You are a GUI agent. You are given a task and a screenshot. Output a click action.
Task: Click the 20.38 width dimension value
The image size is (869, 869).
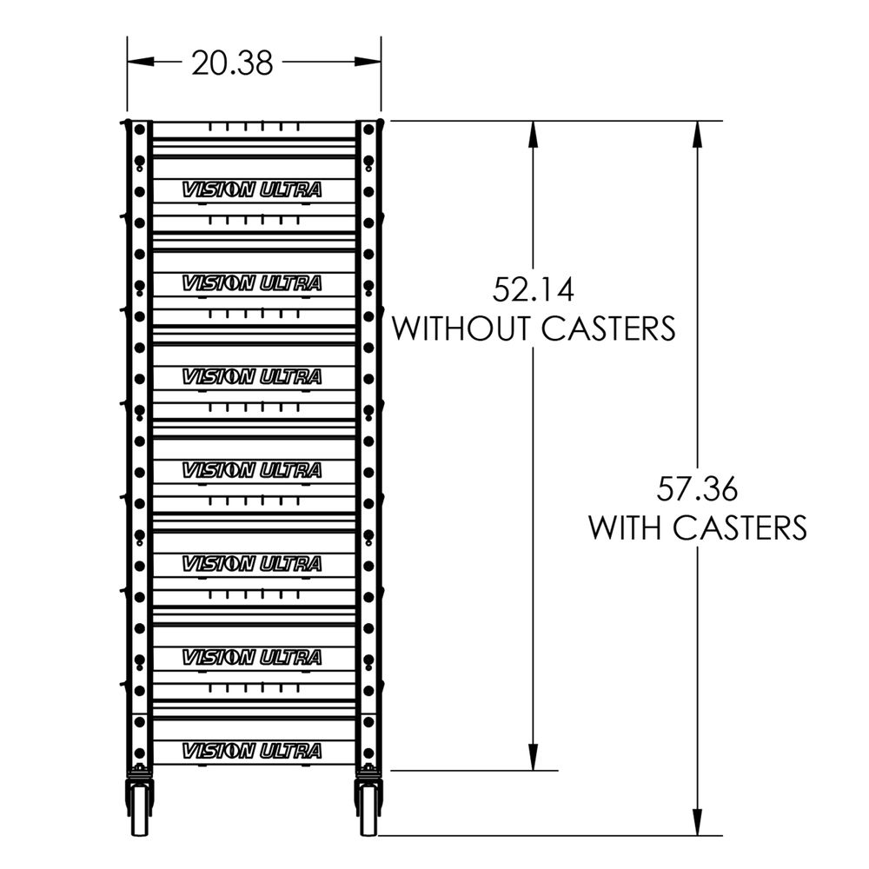tap(232, 63)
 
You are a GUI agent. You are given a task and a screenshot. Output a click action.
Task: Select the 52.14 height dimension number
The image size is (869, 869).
tap(534, 288)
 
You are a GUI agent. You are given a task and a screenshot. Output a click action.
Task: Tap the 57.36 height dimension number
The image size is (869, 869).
tap(697, 489)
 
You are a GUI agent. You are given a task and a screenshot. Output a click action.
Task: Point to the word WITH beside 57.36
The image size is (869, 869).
tap(630, 527)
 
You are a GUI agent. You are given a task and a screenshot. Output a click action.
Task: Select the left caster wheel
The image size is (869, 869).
tap(140, 807)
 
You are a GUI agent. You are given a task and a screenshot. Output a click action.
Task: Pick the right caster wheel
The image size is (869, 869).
tap(368, 807)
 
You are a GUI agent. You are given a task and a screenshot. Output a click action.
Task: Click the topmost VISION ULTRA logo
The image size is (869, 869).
tap(252, 189)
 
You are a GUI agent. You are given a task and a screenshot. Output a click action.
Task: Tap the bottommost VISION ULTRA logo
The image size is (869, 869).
tap(252, 751)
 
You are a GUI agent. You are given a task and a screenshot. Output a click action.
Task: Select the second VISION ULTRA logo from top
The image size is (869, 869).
tap(252, 282)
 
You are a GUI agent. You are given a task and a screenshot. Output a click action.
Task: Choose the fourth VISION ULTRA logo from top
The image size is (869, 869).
tap(252, 470)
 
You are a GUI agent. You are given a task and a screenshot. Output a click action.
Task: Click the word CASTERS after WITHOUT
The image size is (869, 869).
tap(608, 328)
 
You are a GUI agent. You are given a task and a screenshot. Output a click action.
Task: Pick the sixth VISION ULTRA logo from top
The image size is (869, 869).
tap(252, 657)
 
